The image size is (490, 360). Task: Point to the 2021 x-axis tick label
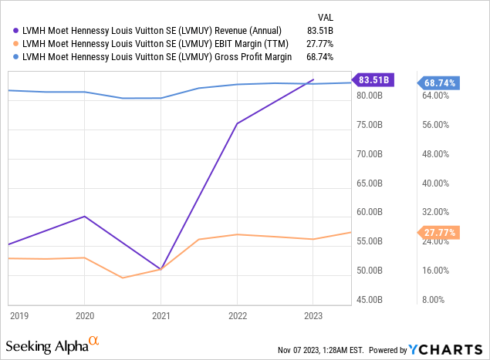pos(161,315)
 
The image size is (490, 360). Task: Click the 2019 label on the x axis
pos(19,315)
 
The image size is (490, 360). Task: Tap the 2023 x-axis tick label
pos(313,315)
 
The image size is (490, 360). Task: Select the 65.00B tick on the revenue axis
pos(378,183)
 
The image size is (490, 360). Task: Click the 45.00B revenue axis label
pos(378,300)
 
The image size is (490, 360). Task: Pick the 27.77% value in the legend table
pos(319,43)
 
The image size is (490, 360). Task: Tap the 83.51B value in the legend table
pos(319,31)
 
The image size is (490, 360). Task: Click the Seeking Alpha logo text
pos(46,343)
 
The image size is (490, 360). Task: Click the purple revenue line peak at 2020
pos(85,217)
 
